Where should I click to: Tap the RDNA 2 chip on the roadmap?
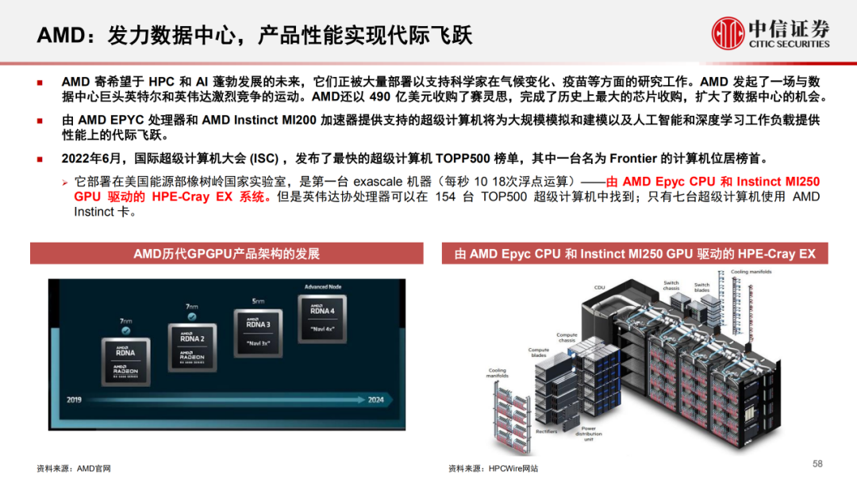[192, 347]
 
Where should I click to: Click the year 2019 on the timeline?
[75, 400]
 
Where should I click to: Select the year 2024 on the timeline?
[376, 400]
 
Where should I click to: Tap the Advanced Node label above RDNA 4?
[321, 287]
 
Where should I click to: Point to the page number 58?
[817, 463]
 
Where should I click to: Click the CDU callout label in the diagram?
[600, 288]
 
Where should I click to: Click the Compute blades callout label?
[539, 354]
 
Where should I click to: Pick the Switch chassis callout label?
[671, 285]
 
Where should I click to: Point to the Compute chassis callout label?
[567, 338]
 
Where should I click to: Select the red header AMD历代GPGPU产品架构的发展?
[227, 254]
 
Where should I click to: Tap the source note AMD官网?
[94, 469]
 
